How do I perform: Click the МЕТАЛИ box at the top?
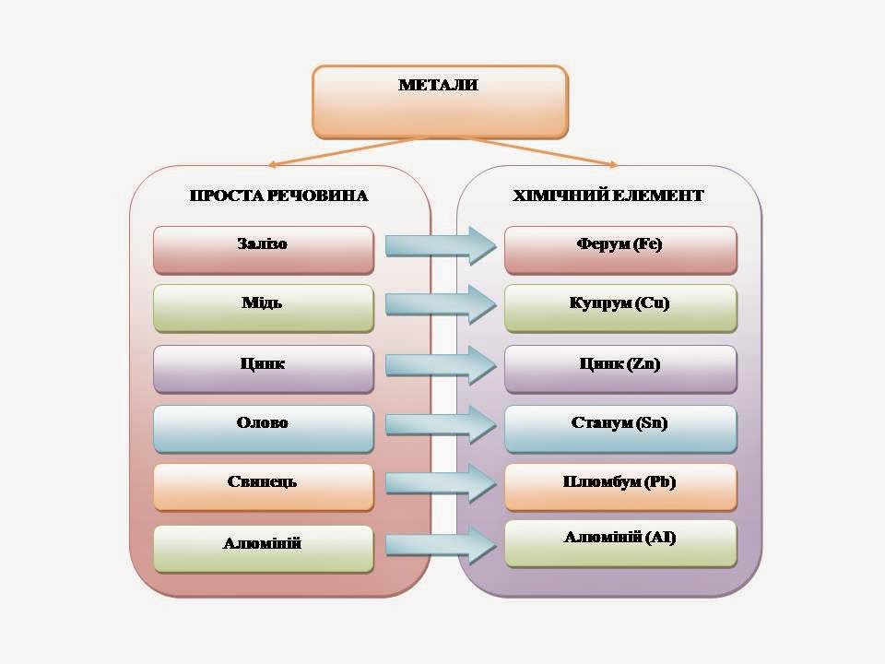(x=439, y=100)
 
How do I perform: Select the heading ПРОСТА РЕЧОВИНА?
(x=278, y=196)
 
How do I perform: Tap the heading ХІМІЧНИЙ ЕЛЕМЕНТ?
(x=609, y=196)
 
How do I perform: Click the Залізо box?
(x=263, y=249)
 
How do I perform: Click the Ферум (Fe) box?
(x=620, y=249)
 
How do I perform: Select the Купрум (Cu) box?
(x=620, y=308)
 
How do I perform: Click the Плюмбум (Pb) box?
(x=620, y=486)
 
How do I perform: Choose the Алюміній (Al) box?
(x=620, y=542)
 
